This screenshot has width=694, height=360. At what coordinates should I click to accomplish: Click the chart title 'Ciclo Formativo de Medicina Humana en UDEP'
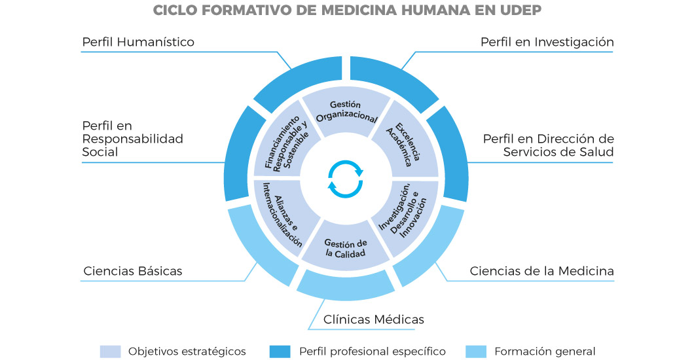pyautogui.click(x=347, y=11)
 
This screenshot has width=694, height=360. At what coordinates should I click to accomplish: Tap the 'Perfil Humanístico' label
pyautogui.click(x=138, y=42)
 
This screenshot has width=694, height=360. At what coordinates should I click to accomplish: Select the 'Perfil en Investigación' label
pyautogui.click(x=547, y=42)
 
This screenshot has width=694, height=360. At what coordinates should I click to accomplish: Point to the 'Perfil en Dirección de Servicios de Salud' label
pyautogui.click(x=548, y=145)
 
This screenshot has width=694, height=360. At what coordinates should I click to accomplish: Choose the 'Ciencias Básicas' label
pyautogui.click(x=133, y=271)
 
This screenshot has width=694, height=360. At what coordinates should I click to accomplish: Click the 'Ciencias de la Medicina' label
pyautogui.click(x=541, y=271)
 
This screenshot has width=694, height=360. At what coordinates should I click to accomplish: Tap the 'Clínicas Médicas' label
pyautogui.click(x=374, y=319)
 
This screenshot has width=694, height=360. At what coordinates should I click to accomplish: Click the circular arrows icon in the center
pyautogui.click(x=345, y=179)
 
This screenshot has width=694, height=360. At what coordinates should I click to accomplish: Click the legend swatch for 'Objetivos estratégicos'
pyautogui.click(x=110, y=351)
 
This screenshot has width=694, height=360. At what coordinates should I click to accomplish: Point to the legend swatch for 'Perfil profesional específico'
pyautogui.click(x=280, y=351)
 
